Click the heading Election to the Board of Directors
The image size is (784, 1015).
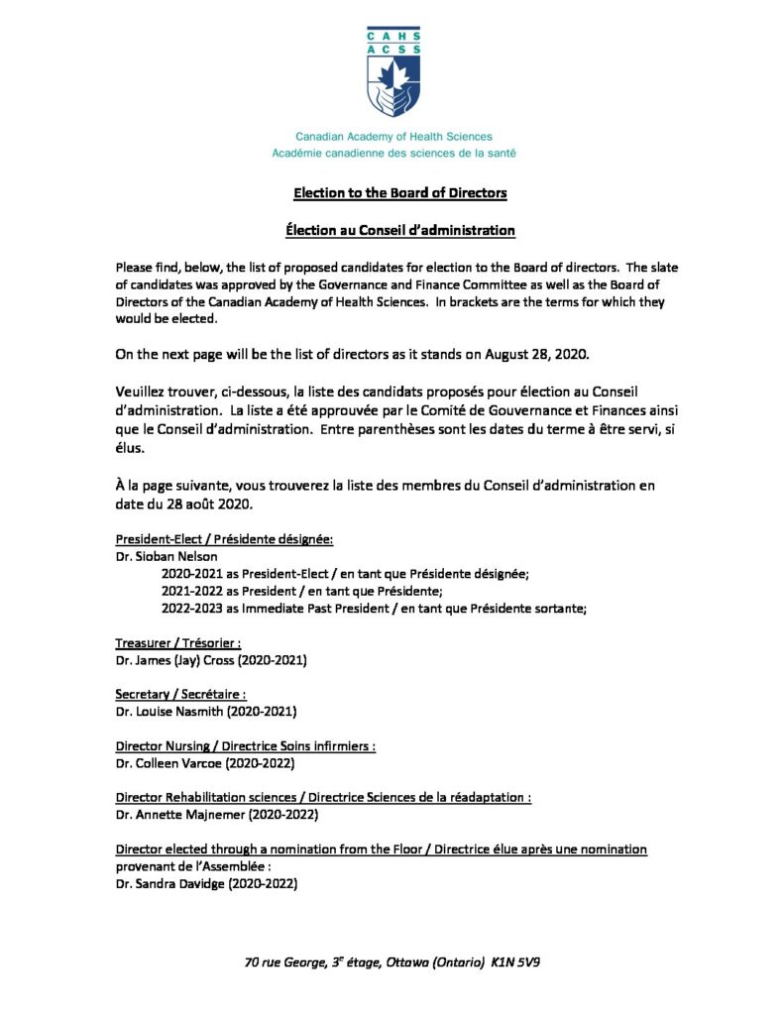click(393, 192)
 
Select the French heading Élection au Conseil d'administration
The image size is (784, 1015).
click(393, 230)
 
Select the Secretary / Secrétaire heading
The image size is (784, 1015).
click(180, 695)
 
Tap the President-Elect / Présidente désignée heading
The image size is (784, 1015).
click(224, 539)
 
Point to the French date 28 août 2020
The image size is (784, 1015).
click(183, 505)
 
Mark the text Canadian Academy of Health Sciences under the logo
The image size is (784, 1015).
click(393, 137)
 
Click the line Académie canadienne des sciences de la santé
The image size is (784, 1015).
click(393, 153)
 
